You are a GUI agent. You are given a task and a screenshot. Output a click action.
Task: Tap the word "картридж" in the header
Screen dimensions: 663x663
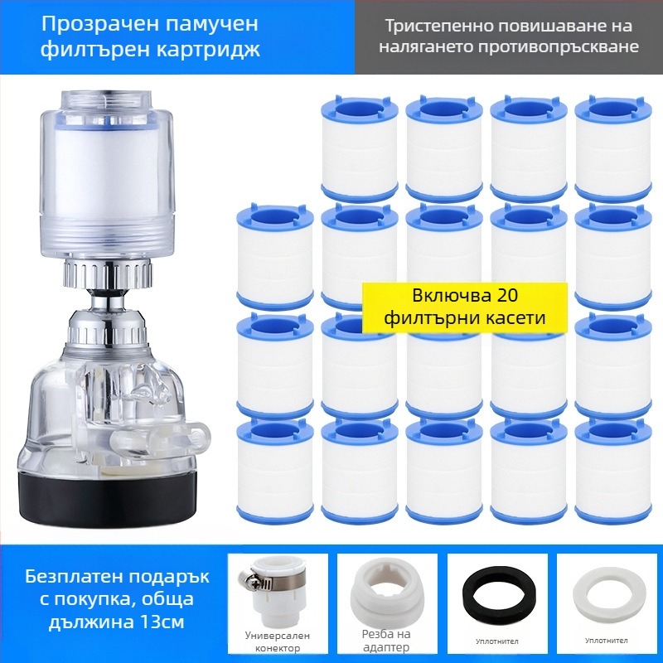208,50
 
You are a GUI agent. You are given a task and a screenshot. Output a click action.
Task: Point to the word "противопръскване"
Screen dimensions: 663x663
559,46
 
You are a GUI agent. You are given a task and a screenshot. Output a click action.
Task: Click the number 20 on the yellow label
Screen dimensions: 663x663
507,295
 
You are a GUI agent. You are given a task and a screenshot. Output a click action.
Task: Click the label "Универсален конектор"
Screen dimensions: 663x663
278,641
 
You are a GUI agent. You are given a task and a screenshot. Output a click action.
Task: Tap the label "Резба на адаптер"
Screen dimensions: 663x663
386,641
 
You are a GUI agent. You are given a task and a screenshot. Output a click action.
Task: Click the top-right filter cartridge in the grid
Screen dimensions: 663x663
613,148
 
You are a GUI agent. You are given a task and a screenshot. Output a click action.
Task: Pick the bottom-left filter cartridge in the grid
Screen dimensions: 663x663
275,472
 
